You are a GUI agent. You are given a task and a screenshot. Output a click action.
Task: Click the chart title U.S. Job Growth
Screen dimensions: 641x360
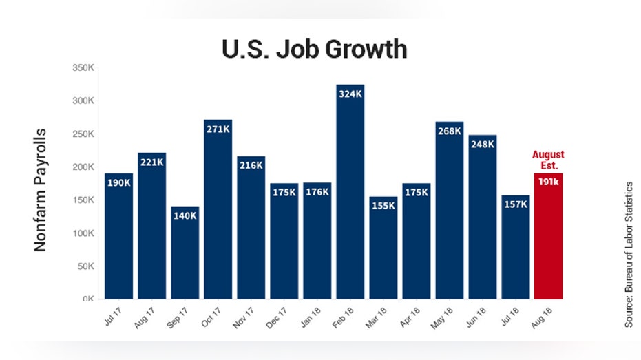(314, 49)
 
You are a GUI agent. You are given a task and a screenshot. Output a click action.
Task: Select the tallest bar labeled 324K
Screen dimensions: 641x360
(350, 191)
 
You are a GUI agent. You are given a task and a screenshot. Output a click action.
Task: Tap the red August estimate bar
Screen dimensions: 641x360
(548, 236)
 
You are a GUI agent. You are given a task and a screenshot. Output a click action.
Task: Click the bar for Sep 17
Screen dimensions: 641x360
(185, 253)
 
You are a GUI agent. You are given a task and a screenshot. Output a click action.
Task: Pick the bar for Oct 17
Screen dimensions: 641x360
(218, 209)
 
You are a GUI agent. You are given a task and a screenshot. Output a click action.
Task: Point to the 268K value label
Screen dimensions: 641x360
(450, 131)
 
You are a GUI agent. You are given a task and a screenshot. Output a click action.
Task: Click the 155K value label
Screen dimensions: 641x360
(383, 206)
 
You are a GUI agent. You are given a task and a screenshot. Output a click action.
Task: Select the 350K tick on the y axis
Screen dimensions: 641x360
(83, 67)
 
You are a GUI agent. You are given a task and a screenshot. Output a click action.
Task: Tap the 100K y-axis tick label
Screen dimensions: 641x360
(83, 233)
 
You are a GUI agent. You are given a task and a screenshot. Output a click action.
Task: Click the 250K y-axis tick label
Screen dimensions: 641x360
(83, 134)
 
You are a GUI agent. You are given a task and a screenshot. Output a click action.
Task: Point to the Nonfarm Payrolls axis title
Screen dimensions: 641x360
(40, 189)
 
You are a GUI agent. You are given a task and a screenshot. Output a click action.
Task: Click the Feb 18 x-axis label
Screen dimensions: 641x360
(343, 317)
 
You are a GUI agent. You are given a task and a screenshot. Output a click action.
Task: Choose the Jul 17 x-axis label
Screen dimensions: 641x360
(113, 316)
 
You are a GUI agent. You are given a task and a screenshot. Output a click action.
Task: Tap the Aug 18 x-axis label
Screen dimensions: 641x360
(541, 317)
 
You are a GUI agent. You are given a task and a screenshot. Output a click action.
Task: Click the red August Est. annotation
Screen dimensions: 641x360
(548, 160)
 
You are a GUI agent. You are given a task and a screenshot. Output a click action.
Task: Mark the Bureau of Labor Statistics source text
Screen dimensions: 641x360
(629, 254)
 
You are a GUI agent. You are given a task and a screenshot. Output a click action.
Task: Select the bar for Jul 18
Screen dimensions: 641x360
(516, 247)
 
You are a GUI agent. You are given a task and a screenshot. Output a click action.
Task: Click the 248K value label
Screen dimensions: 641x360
(483, 145)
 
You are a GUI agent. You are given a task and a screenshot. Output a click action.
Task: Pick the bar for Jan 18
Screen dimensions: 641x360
(317, 241)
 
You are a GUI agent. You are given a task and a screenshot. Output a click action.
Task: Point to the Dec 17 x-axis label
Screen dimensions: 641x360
(277, 317)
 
